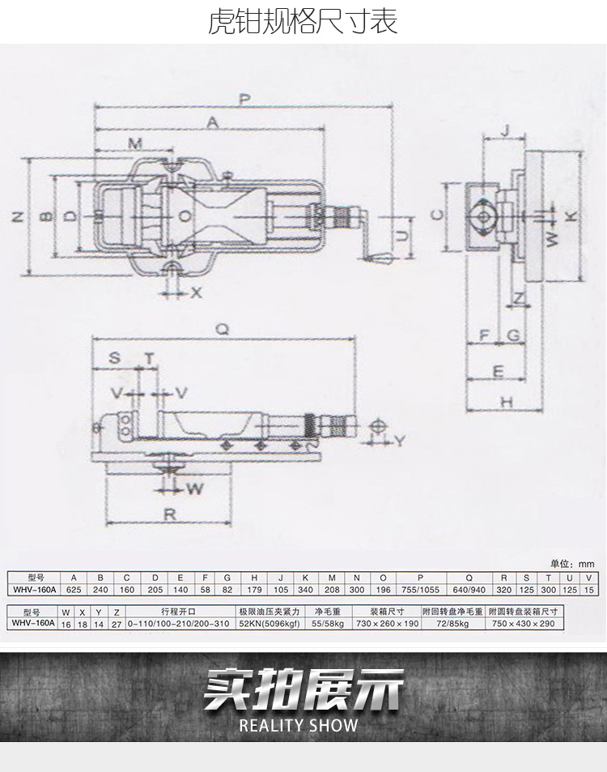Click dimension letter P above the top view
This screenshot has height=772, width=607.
(x=244, y=99)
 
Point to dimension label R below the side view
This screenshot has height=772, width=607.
(x=170, y=514)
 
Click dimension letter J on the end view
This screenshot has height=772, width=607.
(x=505, y=130)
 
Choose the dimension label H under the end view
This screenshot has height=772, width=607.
(x=507, y=402)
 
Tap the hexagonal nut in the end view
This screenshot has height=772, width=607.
(x=483, y=216)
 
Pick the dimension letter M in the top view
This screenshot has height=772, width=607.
(x=135, y=143)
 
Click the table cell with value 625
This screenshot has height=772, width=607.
(x=74, y=590)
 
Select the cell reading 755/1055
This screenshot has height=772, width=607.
(x=420, y=590)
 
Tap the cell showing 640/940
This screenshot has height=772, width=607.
(x=469, y=590)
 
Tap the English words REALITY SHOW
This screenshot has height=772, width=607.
(x=299, y=725)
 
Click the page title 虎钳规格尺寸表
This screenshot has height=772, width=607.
(x=303, y=22)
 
